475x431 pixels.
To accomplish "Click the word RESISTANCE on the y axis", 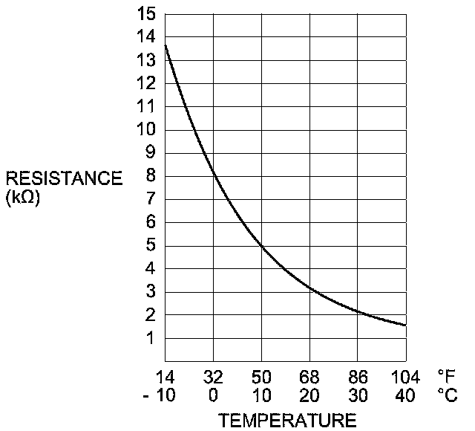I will (x=64, y=178).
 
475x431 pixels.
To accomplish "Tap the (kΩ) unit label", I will (x=22, y=198).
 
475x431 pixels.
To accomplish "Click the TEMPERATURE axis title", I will (x=287, y=420).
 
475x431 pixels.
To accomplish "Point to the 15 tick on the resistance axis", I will (x=146, y=13).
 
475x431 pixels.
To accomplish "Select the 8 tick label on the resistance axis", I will (x=151, y=176).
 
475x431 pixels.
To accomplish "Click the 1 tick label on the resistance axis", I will (x=151, y=338).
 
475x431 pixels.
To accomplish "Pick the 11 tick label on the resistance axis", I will (x=146, y=106).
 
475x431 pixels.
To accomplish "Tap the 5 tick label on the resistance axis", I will (x=151, y=245).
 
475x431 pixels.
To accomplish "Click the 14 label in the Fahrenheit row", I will (x=165, y=376).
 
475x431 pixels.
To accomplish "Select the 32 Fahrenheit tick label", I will (x=213, y=376).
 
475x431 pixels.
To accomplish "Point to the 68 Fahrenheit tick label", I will (x=309, y=376).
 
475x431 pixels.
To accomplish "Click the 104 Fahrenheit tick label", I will (x=405, y=376).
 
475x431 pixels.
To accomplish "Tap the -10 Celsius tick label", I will (x=159, y=395).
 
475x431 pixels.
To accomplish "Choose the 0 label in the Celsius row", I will (x=213, y=395).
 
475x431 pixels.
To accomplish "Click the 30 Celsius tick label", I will (x=358, y=395).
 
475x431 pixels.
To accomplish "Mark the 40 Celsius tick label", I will (x=405, y=395).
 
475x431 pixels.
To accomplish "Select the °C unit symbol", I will (x=447, y=395).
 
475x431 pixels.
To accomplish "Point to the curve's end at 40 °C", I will (x=405, y=325).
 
